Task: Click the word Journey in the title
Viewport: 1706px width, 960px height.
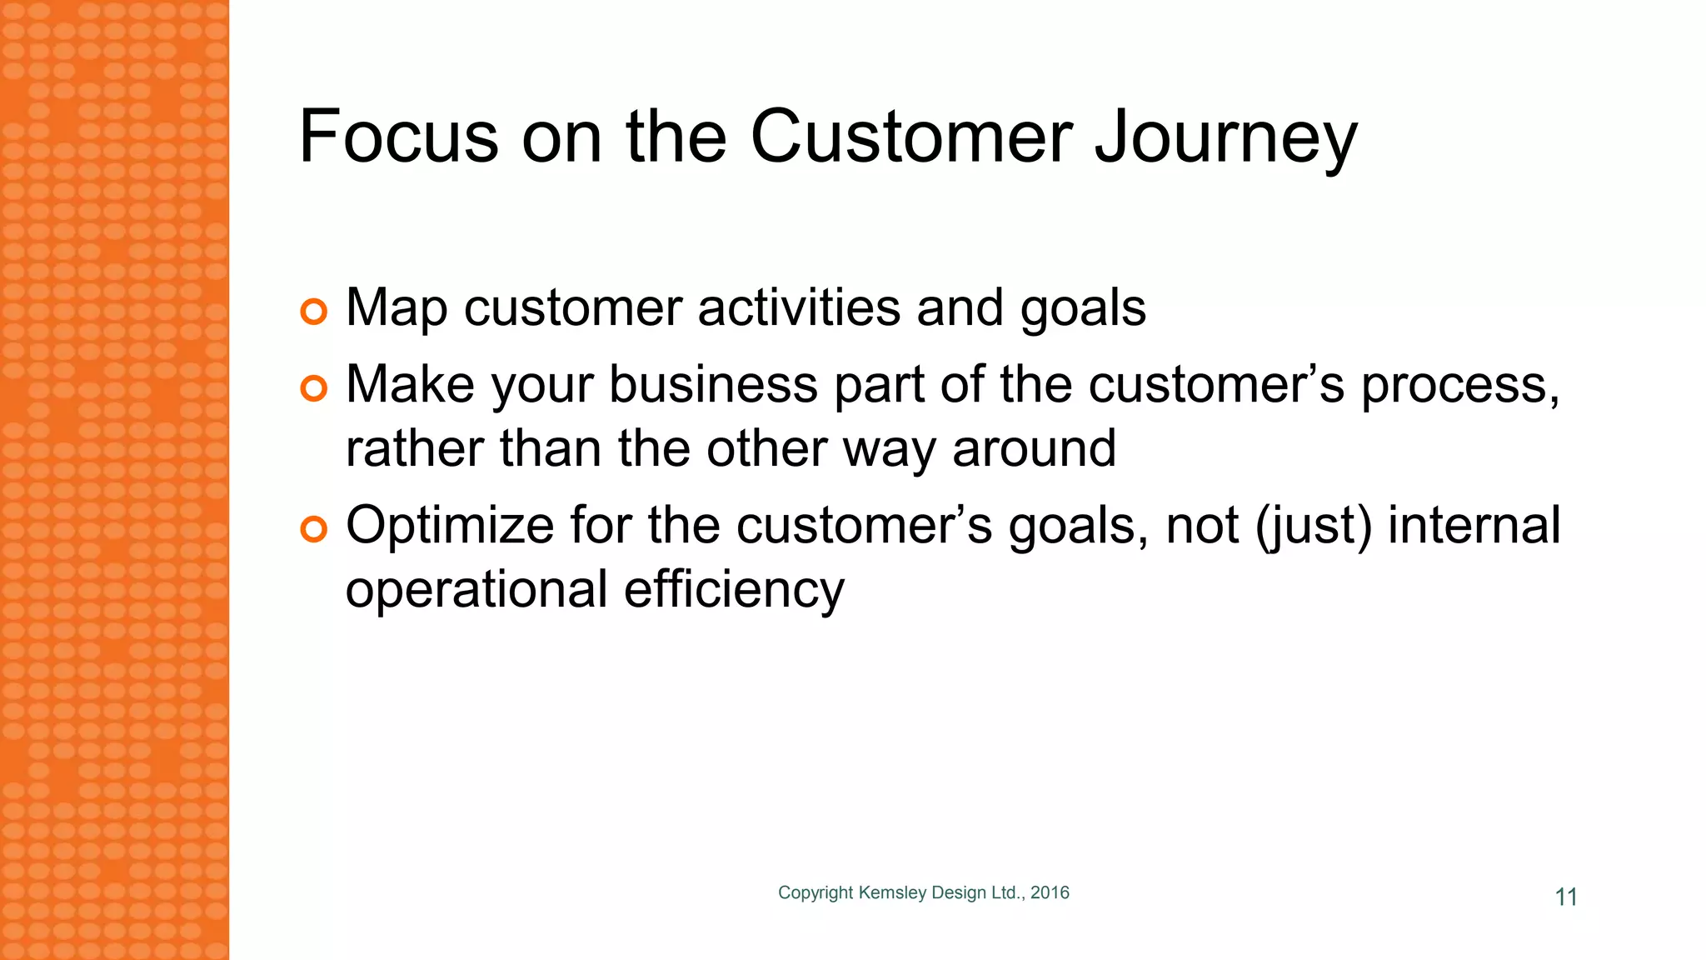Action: [x=1225, y=137]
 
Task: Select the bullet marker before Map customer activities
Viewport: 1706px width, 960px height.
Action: [x=314, y=312]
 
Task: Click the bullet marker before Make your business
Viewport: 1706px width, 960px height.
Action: [x=314, y=388]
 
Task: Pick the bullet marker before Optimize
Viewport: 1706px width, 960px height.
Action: [x=314, y=529]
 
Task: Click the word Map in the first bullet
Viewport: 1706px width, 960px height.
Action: [x=397, y=308]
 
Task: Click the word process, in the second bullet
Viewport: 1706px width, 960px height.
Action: [x=1460, y=386]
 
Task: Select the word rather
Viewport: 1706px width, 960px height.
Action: [x=414, y=448]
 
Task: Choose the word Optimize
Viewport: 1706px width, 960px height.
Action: [x=450, y=527]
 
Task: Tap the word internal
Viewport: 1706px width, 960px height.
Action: [x=1474, y=525]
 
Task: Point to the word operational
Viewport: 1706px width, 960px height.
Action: [x=476, y=590]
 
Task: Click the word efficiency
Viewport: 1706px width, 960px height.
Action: [x=734, y=590]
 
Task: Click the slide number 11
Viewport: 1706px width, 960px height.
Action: [x=1566, y=897]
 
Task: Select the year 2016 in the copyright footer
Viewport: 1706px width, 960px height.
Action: [x=1050, y=892]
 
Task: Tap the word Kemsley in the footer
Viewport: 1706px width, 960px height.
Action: [x=892, y=892]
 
